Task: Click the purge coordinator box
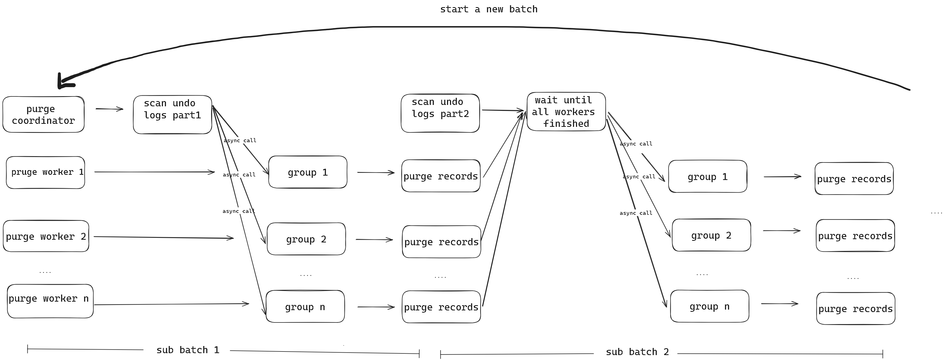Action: click(x=43, y=115)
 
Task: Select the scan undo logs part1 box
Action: click(x=172, y=115)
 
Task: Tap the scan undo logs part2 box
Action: click(x=440, y=113)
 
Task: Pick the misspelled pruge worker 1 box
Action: click(x=45, y=172)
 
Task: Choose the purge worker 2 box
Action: click(x=46, y=236)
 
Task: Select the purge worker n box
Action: click(x=50, y=301)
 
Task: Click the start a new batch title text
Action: click(x=488, y=9)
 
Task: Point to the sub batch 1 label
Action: click(x=188, y=350)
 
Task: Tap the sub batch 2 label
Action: click(x=637, y=352)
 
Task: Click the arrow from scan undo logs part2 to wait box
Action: click(x=502, y=110)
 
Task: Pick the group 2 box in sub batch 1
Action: click(x=306, y=239)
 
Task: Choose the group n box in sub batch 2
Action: click(x=709, y=306)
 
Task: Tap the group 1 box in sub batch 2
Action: click(x=707, y=177)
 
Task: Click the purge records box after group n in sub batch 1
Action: click(x=441, y=307)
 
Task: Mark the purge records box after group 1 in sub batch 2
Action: click(x=854, y=179)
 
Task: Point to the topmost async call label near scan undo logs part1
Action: click(x=240, y=140)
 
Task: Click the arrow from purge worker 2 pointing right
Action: click(x=164, y=237)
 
